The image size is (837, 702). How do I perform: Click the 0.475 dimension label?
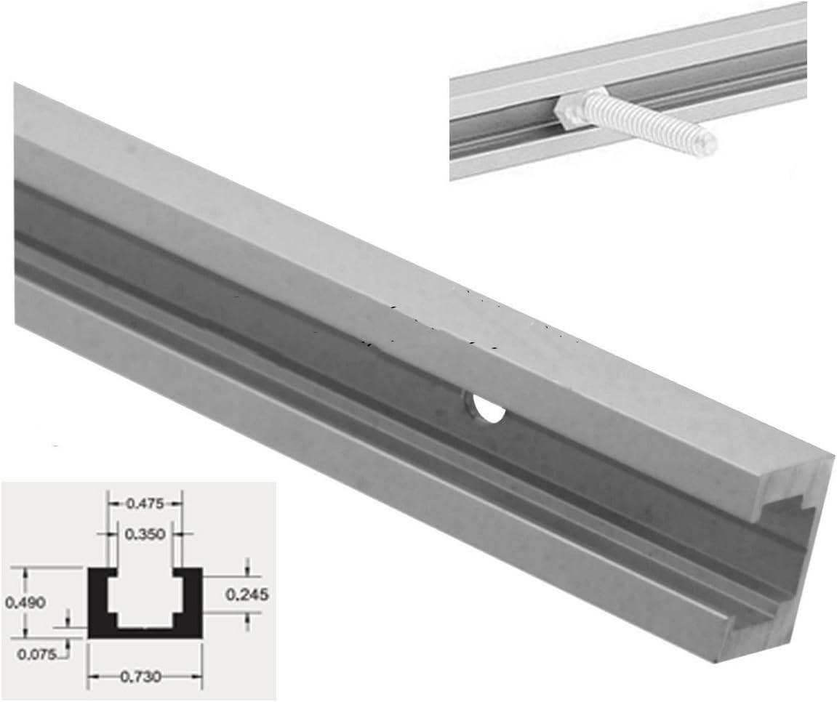145,502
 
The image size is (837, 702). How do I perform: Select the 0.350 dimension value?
145,534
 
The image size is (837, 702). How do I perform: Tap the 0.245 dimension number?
247,594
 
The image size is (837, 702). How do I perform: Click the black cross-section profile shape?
145,628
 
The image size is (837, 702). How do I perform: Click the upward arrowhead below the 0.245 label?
248,617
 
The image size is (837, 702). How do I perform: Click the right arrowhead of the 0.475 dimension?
177,502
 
